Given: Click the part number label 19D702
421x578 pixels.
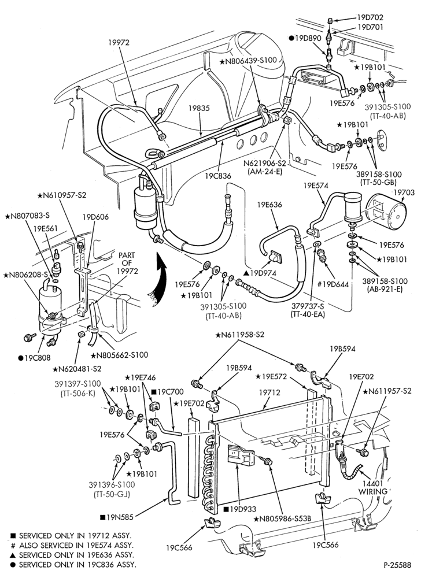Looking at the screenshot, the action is [x=370, y=17].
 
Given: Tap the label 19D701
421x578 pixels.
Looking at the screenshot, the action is [x=370, y=27].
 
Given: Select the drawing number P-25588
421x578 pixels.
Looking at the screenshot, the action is [x=397, y=565].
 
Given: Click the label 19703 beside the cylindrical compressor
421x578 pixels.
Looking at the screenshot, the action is [x=404, y=192].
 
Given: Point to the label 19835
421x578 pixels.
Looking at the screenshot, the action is [x=199, y=109].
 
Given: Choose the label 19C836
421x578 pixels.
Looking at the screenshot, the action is [x=218, y=176].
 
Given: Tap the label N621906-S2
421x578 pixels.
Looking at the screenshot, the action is [x=264, y=162].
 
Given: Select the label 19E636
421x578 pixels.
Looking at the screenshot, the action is [x=269, y=205].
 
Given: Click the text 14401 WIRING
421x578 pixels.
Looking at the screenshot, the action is [x=372, y=487].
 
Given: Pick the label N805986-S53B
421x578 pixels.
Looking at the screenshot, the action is [x=282, y=518].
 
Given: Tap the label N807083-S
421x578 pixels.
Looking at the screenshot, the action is [x=27, y=217].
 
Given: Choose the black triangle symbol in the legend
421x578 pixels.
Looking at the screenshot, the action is [x=13, y=554].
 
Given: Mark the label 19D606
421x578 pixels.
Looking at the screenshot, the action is [x=96, y=217].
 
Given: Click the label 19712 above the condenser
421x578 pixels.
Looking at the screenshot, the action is [x=269, y=393].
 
